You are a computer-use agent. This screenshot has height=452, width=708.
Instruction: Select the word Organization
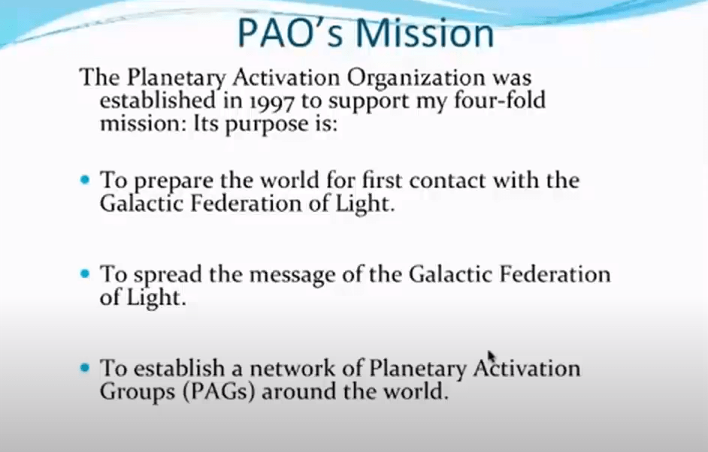[416, 77]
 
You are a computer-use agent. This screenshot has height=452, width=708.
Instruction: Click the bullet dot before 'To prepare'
[85, 180]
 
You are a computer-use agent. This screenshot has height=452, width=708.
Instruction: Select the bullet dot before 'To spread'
[85, 274]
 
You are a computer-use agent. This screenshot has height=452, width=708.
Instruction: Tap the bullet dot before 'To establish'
[85, 368]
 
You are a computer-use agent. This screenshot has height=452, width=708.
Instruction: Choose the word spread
[168, 275]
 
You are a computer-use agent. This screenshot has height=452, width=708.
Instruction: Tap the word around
[299, 391]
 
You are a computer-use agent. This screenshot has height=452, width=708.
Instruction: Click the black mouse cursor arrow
[492, 357]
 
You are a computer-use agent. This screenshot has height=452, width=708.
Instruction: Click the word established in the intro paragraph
[158, 100]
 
